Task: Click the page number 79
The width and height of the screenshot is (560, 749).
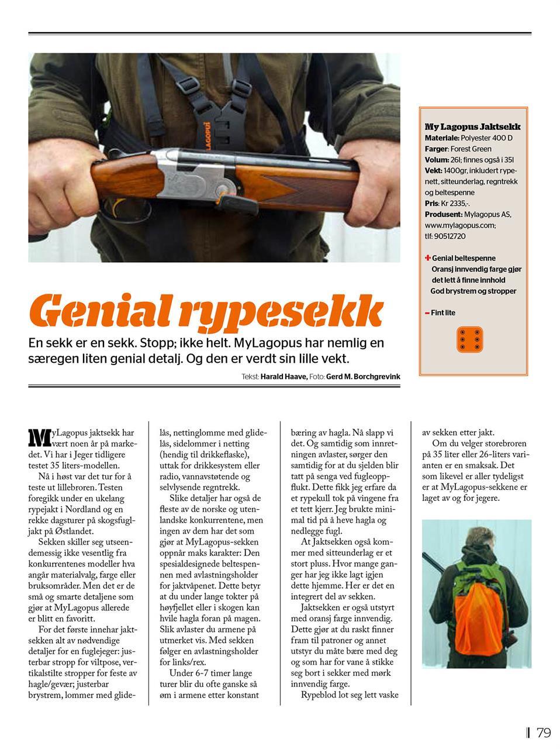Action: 544,732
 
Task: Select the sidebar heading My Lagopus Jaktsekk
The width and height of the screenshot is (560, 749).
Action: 472,126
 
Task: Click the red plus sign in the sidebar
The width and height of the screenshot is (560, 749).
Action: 428,257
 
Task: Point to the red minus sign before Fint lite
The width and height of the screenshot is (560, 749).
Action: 428,314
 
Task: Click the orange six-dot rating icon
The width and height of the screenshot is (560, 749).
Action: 470,339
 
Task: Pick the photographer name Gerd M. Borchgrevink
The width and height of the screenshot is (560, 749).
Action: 363,377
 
